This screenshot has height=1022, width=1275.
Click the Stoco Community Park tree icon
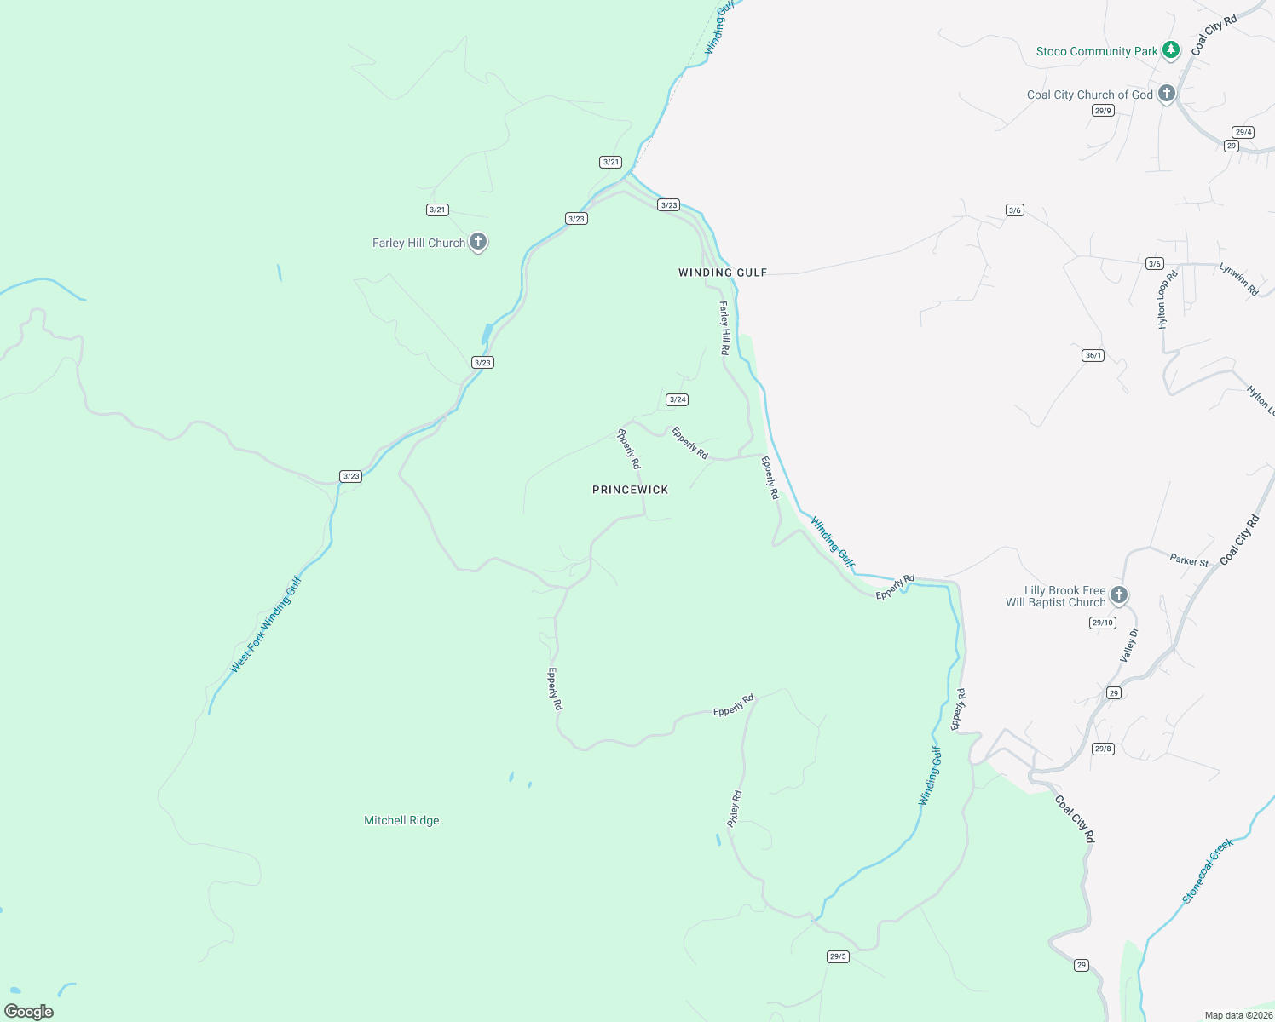click(x=1172, y=50)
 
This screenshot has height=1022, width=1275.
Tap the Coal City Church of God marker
click(x=1167, y=94)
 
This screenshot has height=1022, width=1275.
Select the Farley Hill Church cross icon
click(x=478, y=242)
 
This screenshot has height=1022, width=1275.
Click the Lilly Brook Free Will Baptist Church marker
click(x=1119, y=594)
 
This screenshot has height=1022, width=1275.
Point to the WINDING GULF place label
click(x=723, y=273)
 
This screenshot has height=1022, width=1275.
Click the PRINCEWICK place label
click(x=631, y=490)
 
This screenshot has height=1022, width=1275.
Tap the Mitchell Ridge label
click(x=401, y=820)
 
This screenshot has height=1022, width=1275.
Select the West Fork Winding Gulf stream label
click(x=266, y=625)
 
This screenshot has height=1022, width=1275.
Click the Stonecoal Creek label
click(x=1208, y=871)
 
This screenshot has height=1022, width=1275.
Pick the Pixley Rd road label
click(x=735, y=809)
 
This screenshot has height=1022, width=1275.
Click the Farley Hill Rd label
click(x=724, y=328)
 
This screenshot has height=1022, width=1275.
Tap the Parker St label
click(x=1189, y=560)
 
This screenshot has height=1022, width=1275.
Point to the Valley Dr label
click(x=1129, y=646)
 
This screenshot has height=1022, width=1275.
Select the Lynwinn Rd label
click(x=1238, y=279)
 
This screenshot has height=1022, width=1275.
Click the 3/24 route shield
click(x=678, y=399)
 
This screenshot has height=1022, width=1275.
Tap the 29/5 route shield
click(x=838, y=956)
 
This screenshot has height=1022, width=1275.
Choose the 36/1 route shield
click(x=1093, y=355)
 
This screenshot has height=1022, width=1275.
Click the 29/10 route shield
click(x=1103, y=623)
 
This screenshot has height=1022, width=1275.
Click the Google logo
click(x=29, y=1012)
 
